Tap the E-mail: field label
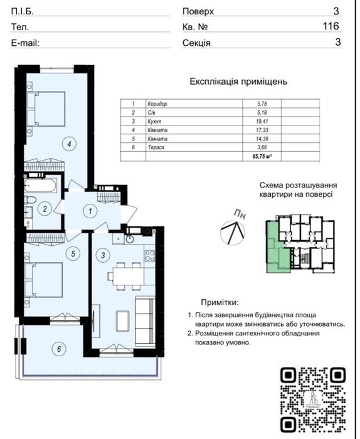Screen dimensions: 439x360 tap(26, 43)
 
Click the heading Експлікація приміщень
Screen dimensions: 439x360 tap(238, 82)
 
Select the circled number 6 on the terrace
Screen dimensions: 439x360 tap(58, 349)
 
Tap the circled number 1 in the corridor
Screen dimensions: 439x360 tap(90, 211)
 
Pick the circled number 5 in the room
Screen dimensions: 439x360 tap(73, 254)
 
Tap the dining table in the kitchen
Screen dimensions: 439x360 tap(124, 275)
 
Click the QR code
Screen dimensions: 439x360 tap(312, 399)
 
